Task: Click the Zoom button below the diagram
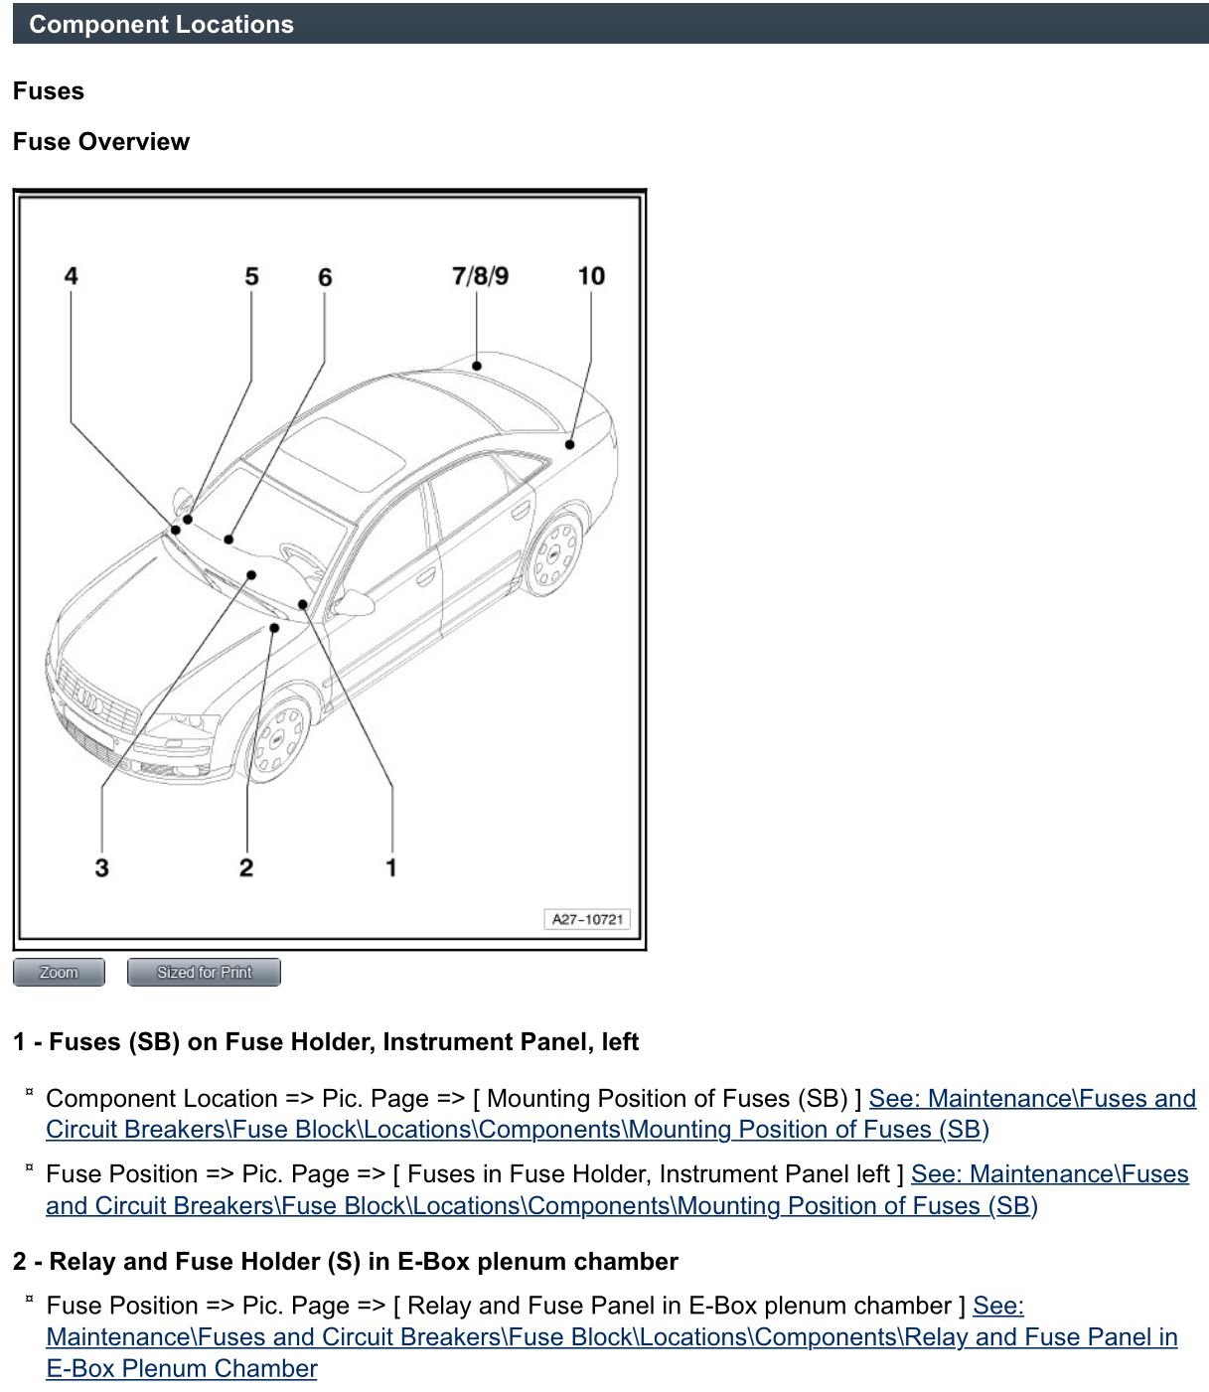59,972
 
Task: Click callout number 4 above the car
71,275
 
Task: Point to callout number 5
251,276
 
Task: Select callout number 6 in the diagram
325,277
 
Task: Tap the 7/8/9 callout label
480,275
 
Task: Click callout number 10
591,275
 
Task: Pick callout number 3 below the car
101,867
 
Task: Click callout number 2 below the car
246,867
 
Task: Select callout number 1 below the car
391,867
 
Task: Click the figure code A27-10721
587,919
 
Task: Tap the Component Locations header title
161,25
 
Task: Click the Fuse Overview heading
101,142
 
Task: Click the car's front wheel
277,736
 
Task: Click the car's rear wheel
554,553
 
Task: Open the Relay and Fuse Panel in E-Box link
611,1337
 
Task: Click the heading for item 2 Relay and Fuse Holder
346,1261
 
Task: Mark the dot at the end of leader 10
569,444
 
